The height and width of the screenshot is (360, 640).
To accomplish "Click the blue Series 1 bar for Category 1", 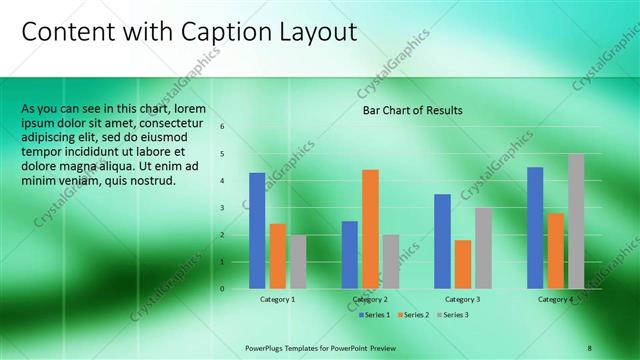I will pyautogui.click(x=257, y=230).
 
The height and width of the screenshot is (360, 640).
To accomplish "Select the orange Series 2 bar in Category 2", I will pyautogui.click(x=370, y=229).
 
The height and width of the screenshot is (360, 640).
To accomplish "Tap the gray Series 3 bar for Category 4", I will pyautogui.click(x=576, y=221).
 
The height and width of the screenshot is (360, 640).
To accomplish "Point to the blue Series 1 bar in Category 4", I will pyautogui.click(x=535, y=227).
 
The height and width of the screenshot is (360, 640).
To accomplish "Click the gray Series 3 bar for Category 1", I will pyautogui.click(x=298, y=261).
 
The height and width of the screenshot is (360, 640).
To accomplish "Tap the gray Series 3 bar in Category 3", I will pyautogui.click(x=483, y=248).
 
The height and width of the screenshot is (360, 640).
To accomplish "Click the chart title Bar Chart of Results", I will pyautogui.click(x=412, y=110).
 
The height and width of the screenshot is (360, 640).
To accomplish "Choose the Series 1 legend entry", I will pyautogui.click(x=377, y=315).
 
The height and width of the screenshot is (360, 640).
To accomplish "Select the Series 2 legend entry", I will pyautogui.click(x=415, y=315).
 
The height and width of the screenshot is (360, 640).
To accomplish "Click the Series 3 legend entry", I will pyautogui.click(x=452, y=315).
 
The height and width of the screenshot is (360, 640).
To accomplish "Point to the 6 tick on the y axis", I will pyautogui.click(x=223, y=126).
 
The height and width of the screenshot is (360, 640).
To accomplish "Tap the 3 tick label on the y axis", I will pyautogui.click(x=223, y=207).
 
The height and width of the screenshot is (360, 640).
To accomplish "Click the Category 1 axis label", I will pyautogui.click(x=277, y=299).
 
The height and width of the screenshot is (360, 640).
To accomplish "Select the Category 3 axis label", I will pyautogui.click(x=462, y=299).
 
